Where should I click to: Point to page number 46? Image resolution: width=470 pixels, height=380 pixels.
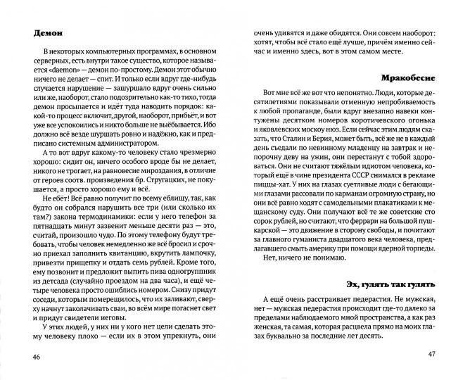29,358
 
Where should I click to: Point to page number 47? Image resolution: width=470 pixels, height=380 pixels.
438,352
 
